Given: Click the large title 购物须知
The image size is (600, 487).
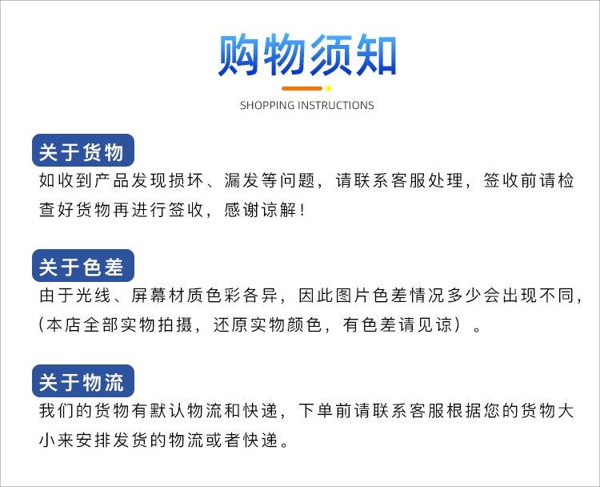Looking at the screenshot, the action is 307,54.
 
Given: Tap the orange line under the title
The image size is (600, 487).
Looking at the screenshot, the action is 302,89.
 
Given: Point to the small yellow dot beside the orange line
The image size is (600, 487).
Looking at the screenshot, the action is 328,89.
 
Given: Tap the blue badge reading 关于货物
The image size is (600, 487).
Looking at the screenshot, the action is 83,151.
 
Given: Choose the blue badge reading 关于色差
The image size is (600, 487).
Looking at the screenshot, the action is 83,266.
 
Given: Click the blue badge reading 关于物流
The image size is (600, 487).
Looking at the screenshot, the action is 83,381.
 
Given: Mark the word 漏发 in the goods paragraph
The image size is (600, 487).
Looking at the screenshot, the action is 242,181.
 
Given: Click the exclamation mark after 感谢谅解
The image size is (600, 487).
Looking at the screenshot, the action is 303,210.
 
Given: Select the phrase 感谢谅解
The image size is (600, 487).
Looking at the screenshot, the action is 261,210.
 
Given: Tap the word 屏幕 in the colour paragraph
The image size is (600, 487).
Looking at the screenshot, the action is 150,296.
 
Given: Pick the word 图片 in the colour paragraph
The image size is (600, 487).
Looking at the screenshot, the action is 354,296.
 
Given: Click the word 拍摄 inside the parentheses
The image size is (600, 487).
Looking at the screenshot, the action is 176,325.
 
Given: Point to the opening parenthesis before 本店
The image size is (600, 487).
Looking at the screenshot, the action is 42,325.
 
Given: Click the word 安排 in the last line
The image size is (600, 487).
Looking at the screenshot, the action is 94,441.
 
